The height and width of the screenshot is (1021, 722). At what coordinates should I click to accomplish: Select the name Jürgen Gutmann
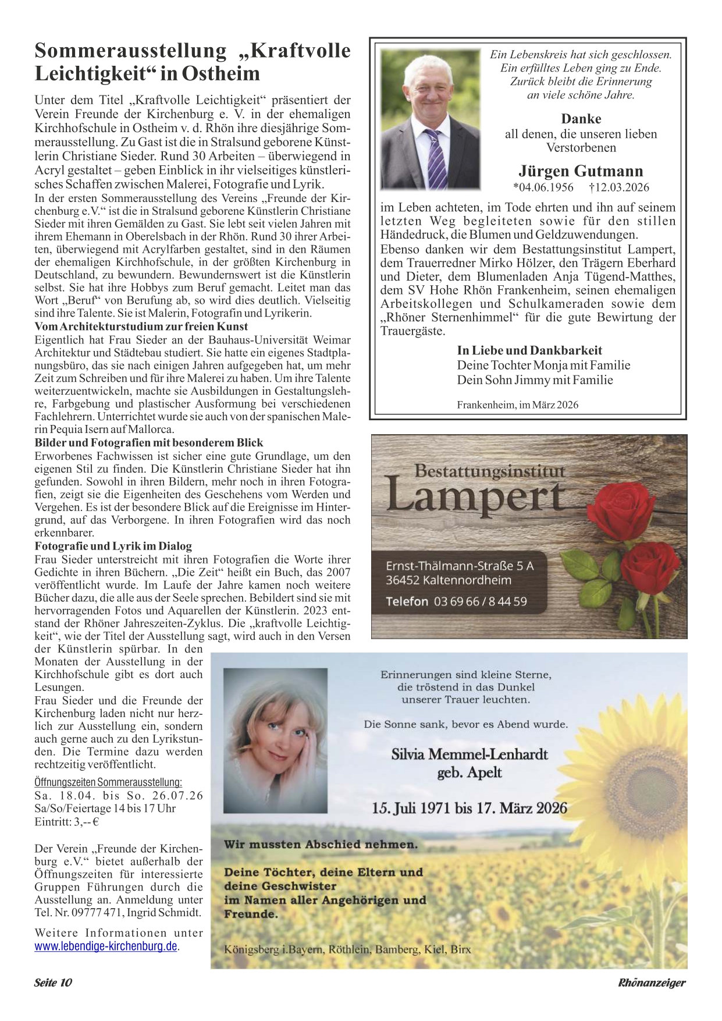pos(581,171)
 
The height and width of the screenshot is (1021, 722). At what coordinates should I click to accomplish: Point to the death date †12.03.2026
pos(619,187)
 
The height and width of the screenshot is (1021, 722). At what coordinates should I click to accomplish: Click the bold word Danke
pos(581,119)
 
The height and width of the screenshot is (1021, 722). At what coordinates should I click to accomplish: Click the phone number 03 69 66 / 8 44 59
pos(480,601)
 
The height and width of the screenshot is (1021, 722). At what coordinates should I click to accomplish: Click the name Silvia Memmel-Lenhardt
pos(470,754)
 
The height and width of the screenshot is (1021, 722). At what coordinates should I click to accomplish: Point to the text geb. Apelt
pos(470,772)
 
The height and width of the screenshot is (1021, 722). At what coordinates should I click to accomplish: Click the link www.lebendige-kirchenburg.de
pos(106,946)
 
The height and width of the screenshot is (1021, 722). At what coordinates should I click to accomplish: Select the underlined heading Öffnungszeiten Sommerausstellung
pos(108,782)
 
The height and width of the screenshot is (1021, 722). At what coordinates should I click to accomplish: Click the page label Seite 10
pos(53,983)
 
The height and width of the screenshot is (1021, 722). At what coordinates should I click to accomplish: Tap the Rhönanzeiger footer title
pos(652,983)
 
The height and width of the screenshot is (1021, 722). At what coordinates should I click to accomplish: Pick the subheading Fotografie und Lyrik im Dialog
pos(113,546)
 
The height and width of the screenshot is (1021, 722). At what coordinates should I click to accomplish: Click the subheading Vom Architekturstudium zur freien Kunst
pos(141,327)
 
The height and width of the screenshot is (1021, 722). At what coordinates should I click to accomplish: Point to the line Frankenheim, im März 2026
pos(517,405)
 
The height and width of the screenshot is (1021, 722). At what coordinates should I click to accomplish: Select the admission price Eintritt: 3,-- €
pos(66,822)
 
